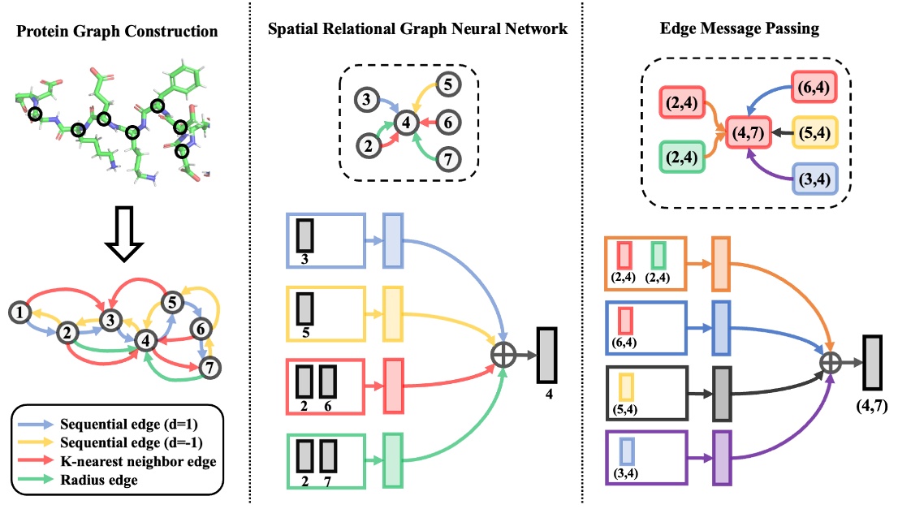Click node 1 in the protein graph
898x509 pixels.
[x=20, y=311]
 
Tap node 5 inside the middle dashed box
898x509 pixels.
[x=452, y=82]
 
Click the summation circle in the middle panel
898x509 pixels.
[x=504, y=356]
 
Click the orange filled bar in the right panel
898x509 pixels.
[x=720, y=264]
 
